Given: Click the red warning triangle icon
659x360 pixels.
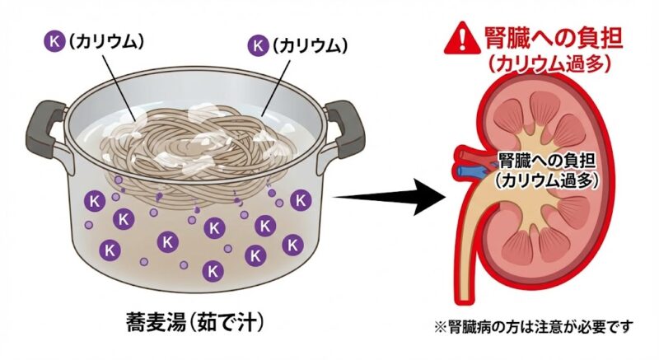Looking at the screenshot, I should click(458, 37).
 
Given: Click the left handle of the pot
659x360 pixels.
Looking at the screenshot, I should click(45, 132).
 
